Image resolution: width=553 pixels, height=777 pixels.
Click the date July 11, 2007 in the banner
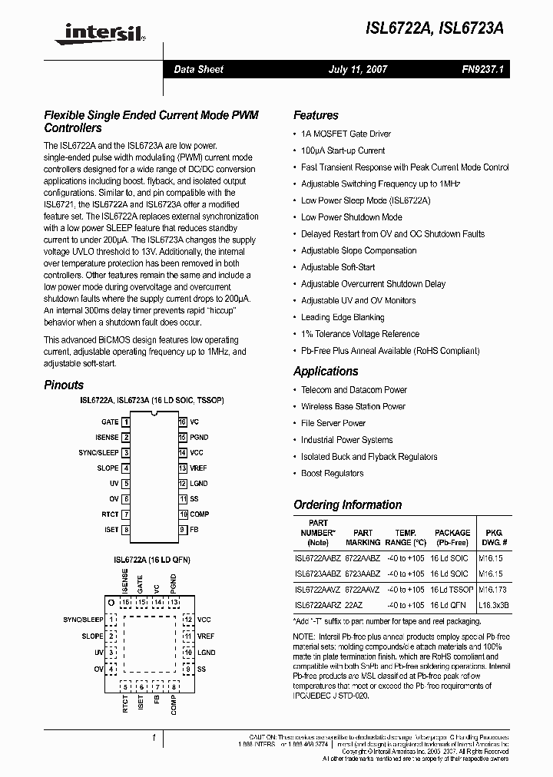[x=358, y=69]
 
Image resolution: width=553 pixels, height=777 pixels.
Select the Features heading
[x=316, y=115]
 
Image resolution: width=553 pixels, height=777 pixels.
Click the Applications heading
[x=326, y=371]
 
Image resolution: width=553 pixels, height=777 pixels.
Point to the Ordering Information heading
[x=347, y=504]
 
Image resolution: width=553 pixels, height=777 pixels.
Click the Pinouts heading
[x=64, y=385]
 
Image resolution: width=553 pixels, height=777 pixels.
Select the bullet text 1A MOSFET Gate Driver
[x=346, y=134]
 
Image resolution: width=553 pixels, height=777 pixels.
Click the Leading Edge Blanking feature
[x=343, y=317]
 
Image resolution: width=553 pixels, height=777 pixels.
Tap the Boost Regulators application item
[x=332, y=473]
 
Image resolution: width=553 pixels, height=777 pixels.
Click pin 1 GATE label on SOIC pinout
[x=110, y=422]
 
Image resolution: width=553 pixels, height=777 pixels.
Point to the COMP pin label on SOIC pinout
[x=200, y=514]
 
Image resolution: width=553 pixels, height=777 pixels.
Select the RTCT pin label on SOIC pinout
[x=110, y=514]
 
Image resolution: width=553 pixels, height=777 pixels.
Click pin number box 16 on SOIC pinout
[x=183, y=422]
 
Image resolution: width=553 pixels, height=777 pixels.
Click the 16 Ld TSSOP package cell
[x=452, y=590]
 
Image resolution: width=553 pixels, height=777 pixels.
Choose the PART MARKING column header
[x=363, y=537]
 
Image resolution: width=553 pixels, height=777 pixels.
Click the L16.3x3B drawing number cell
[x=494, y=606]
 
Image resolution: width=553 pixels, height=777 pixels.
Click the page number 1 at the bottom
[x=154, y=737]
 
